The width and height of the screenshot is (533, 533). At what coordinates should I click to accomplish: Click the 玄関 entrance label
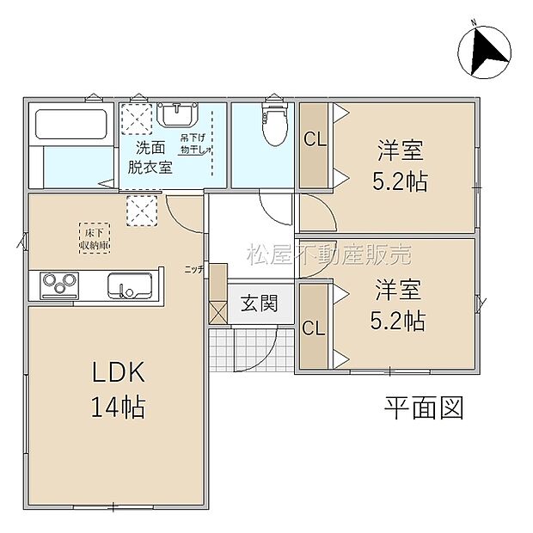coord(259,303)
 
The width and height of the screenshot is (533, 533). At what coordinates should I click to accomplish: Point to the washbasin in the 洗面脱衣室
coord(179,115)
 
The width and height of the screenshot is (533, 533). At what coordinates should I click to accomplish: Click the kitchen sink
coord(129,285)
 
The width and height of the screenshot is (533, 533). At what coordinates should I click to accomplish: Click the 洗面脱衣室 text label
coord(150,157)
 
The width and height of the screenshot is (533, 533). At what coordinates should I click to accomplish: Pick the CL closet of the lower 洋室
coord(314,328)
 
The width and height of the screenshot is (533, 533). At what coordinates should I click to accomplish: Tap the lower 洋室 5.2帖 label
coord(397,305)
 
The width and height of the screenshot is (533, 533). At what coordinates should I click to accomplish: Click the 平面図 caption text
coord(424,407)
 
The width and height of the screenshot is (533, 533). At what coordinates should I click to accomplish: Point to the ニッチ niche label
coord(194,269)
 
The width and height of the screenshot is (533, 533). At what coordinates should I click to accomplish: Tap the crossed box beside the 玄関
coord(217,312)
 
